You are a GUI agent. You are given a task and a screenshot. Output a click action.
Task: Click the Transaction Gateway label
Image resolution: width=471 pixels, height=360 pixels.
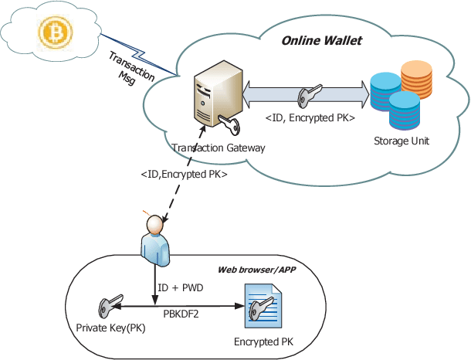point(219,148)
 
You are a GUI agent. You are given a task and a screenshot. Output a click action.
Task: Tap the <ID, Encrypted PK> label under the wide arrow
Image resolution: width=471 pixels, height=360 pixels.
point(310,117)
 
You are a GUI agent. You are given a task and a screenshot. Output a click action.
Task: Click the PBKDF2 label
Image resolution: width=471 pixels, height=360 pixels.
point(183,314)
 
